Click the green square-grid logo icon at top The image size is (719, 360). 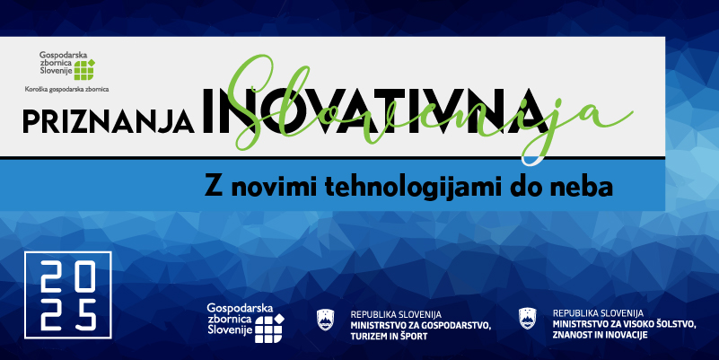point(85,71)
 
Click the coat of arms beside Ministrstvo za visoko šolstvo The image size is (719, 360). point(527,318)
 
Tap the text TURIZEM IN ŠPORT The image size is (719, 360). point(389,338)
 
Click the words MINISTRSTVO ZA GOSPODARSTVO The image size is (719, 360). point(420,327)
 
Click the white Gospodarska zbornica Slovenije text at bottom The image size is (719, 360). point(232,319)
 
